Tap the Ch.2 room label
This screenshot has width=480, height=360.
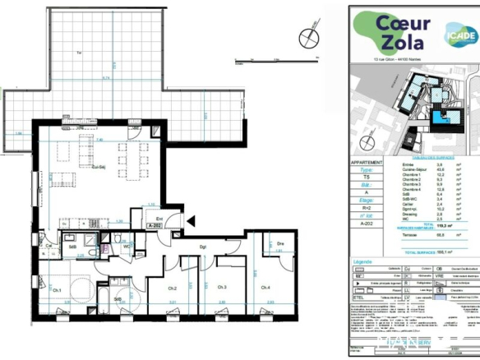[x=173, y=288]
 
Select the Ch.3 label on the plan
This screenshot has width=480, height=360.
[x=221, y=288]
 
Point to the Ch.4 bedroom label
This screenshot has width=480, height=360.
[x=265, y=288]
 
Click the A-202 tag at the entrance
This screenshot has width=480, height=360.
[x=155, y=224]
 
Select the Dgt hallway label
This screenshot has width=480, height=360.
[x=202, y=246]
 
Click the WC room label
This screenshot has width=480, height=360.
[x=127, y=245]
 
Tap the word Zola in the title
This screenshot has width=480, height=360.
[x=393, y=44]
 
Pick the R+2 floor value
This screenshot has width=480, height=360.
[x=367, y=210]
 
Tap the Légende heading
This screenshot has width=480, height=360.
[x=363, y=262]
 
